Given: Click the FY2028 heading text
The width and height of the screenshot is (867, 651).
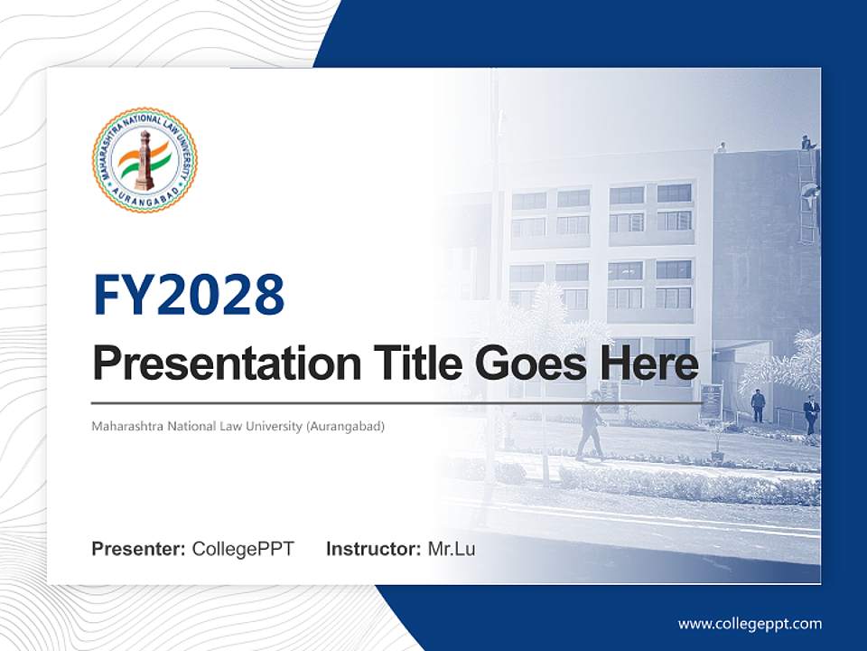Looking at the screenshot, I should click(189, 295).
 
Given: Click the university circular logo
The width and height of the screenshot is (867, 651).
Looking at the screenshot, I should click(144, 159).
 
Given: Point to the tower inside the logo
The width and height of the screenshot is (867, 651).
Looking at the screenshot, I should click(144, 160).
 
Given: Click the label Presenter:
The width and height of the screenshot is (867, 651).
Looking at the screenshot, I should click(139, 549).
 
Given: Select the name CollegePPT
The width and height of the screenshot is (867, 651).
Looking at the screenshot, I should click(243, 549).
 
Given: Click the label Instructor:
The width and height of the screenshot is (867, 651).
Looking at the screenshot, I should click(373, 549).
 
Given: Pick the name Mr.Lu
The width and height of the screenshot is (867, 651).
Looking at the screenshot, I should click(451, 549).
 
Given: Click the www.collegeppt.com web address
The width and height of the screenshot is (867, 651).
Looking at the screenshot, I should click(750, 623).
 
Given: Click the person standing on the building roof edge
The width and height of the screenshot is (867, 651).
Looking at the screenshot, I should click(806, 142).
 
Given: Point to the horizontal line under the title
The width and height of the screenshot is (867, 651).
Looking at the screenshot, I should click(397, 402).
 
